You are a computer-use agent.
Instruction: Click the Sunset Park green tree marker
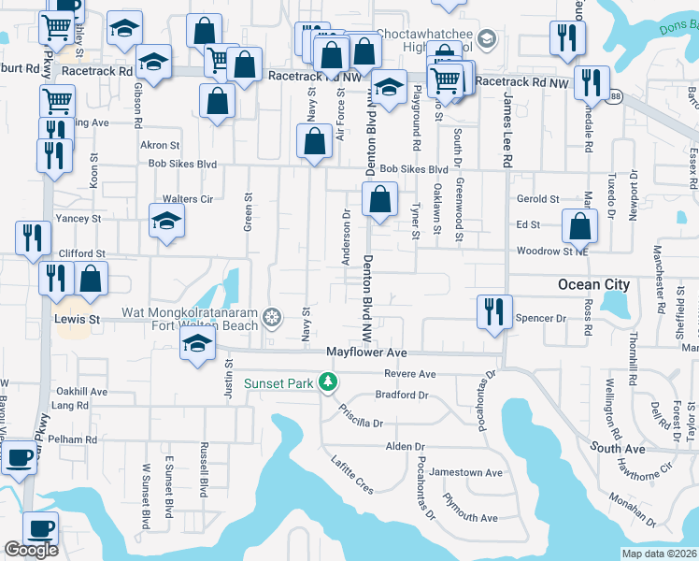[327, 381]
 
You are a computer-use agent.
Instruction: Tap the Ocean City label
[593, 284]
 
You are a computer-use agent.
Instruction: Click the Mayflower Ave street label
[366, 352]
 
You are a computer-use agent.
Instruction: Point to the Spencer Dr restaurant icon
[492, 311]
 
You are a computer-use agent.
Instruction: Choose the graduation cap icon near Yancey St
[166, 221]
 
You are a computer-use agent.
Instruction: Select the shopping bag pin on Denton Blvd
[379, 198]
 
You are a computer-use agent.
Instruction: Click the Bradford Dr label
[402, 395]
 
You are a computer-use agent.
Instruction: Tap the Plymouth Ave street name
[471, 517]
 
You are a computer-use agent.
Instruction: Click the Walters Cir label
[188, 199]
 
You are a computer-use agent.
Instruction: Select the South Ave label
[618, 449]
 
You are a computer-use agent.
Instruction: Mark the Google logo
[31, 550]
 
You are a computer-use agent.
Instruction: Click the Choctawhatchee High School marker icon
[486, 38]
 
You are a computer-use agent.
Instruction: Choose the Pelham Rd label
[78, 439]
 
